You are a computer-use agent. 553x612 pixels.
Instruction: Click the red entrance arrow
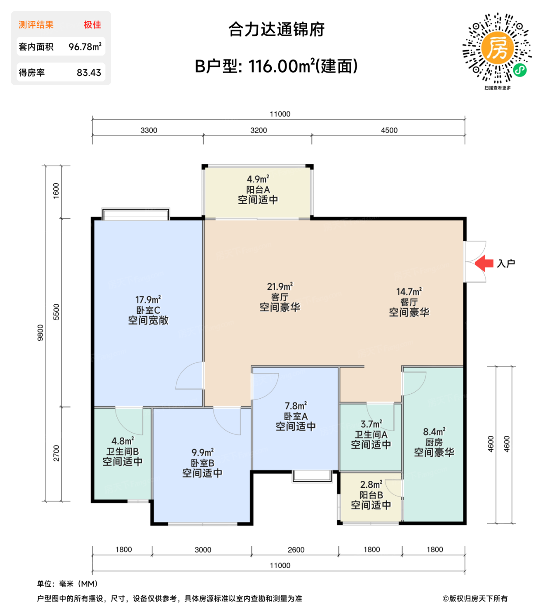pyautogui.click(x=484, y=263)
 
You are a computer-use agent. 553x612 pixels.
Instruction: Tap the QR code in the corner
pyautogui.click(x=497, y=48)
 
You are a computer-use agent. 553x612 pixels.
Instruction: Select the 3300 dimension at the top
pyautogui.click(x=149, y=130)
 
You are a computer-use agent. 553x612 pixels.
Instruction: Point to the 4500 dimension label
pyautogui.click(x=389, y=130)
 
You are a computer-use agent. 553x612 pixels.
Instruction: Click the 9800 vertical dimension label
pyautogui.click(x=41, y=333)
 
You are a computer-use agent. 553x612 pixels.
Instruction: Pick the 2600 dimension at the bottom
pyautogui.click(x=296, y=549)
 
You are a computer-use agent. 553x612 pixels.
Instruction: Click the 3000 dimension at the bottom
pyautogui.click(x=203, y=549)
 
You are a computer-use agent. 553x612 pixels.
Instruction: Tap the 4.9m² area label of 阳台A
pyautogui.click(x=258, y=179)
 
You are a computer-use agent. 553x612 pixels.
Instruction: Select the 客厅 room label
pyautogui.click(x=280, y=297)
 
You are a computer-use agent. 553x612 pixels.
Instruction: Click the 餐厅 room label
pyautogui.click(x=409, y=302)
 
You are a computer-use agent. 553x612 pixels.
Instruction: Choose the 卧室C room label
pyautogui.click(x=148, y=310)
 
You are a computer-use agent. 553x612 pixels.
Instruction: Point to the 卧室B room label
pyautogui.click(x=202, y=463)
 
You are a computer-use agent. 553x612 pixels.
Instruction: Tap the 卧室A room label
pyautogui.click(x=295, y=416)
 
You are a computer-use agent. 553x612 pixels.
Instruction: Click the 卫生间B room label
pyautogui.click(x=122, y=452)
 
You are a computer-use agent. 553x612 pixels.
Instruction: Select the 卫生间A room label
pyautogui.click(x=371, y=435)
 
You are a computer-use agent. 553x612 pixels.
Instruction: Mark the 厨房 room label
pyautogui.click(x=434, y=442)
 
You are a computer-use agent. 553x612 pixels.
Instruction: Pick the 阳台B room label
pyautogui.click(x=371, y=495)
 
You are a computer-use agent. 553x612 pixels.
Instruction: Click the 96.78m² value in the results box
pyautogui.click(x=85, y=47)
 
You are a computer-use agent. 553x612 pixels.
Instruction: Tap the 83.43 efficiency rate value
pyautogui.click(x=89, y=73)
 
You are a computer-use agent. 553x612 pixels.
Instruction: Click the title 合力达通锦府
pyautogui.click(x=276, y=30)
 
